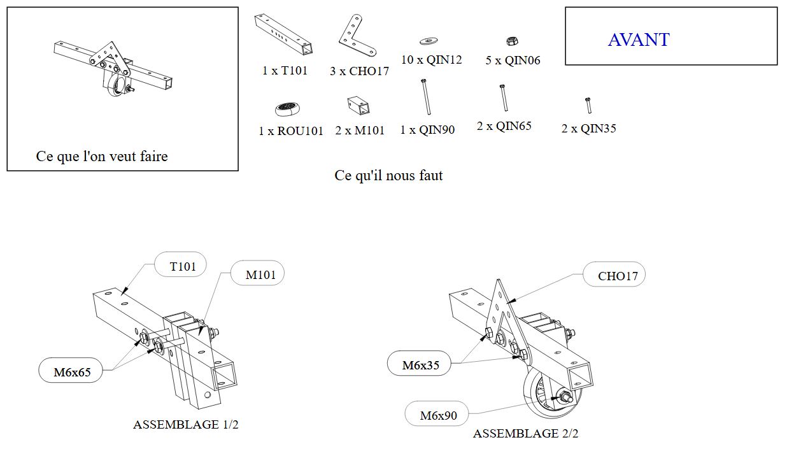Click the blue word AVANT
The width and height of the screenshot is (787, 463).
(638, 39)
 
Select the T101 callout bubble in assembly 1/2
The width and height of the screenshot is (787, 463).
(183, 266)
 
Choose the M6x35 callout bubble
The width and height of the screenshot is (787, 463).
(420, 365)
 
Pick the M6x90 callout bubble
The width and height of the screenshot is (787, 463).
(438, 416)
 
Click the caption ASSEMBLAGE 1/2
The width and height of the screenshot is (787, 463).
(185, 425)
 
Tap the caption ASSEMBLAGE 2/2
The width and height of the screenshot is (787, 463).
(525, 434)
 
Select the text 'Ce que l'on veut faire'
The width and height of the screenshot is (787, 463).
(102, 157)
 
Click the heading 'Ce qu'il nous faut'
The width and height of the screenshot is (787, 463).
(388, 175)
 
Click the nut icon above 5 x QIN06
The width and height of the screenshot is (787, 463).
(511, 41)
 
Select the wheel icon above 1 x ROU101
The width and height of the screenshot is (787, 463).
(288, 109)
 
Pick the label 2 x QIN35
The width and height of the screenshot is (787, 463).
(588, 129)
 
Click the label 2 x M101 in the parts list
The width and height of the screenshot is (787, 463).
(360, 131)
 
